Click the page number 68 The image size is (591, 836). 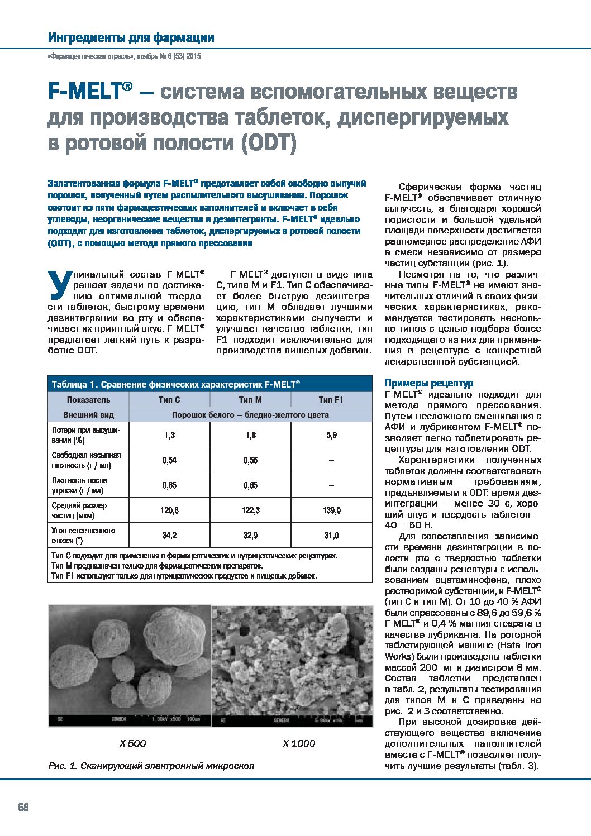pyautogui.click(x=23, y=808)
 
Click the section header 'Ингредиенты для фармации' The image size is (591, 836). pyautogui.click(x=131, y=38)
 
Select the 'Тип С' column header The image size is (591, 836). pyautogui.click(x=169, y=399)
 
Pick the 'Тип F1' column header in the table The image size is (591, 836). pyautogui.click(x=331, y=399)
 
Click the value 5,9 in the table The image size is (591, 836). pyautogui.click(x=331, y=434)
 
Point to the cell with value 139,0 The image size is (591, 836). pyautogui.click(x=331, y=510)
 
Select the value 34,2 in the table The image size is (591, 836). pyautogui.click(x=169, y=536)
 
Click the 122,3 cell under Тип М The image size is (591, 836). pyautogui.click(x=250, y=510)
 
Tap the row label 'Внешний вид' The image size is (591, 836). pyautogui.click(x=88, y=415)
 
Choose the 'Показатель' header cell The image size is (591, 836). pyautogui.click(x=88, y=399)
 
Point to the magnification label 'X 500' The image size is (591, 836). pyautogui.click(x=132, y=743)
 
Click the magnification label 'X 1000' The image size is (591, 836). pyautogui.click(x=299, y=743)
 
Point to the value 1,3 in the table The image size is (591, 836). pyautogui.click(x=169, y=434)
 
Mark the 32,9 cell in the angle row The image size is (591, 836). pyautogui.click(x=250, y=536)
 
